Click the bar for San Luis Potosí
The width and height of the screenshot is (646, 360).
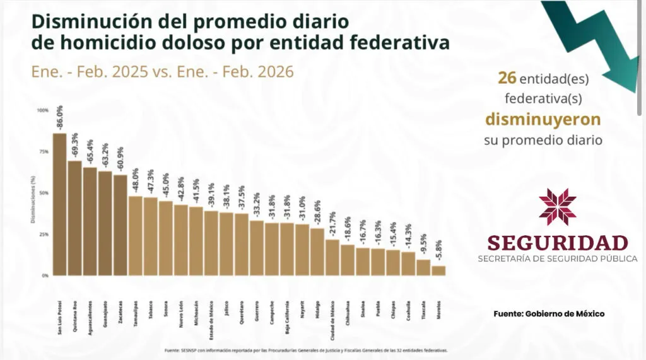tap(59, 204)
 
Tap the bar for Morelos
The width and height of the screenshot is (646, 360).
tap(438, 270)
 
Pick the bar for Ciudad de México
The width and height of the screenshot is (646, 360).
tap(332, 257)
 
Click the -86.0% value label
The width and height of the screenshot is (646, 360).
tap(60, 118)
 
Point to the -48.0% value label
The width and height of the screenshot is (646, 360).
tap(136, 181)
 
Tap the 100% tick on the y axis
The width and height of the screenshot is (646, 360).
tap(42, 110)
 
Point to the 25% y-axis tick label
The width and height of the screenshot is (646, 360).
tap(43, 235)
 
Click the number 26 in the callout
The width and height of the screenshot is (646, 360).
tap(507, 78)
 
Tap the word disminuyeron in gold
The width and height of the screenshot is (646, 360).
tap(543, 119)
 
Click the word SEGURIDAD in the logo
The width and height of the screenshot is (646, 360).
tap(558, 243)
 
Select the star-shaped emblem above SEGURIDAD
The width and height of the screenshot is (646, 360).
tap(558, 207)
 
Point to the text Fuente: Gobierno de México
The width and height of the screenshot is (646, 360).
tap(549, 313)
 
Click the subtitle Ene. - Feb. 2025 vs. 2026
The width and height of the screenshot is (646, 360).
tap(162, 72)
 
